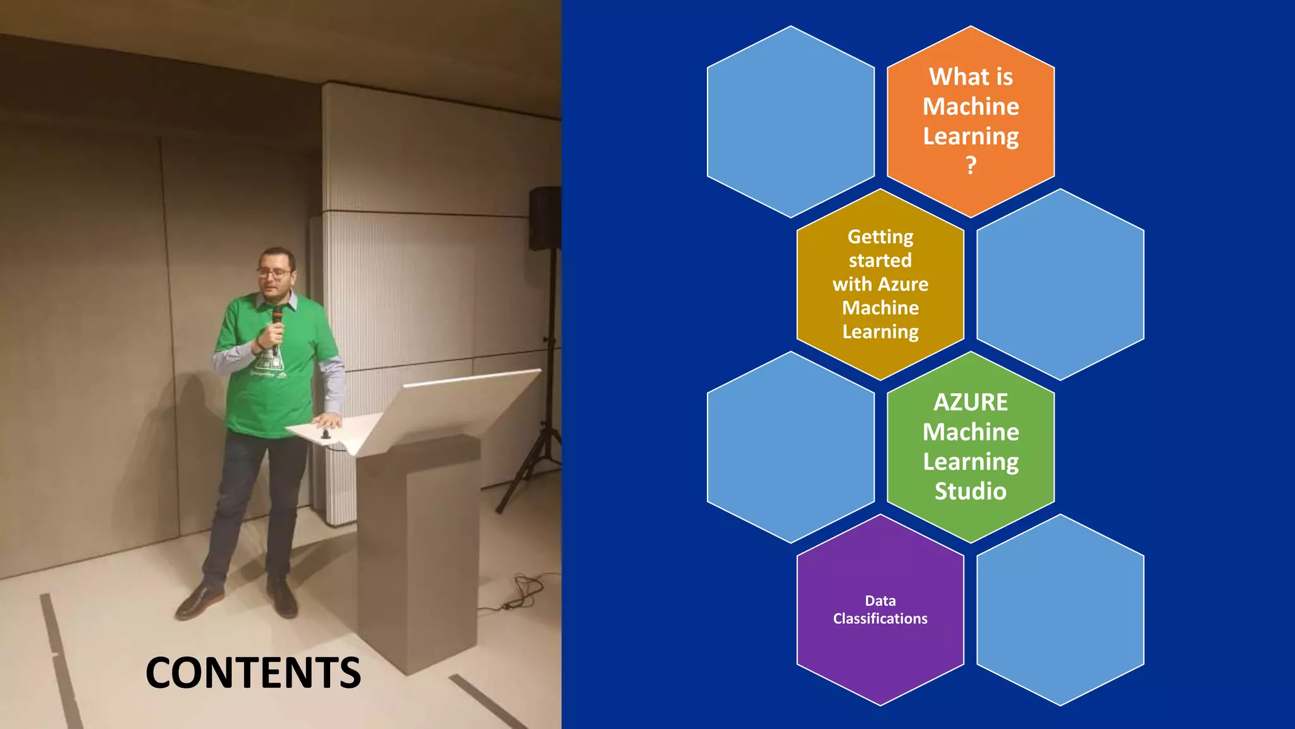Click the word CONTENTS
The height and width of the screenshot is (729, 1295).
(x=253, y=672)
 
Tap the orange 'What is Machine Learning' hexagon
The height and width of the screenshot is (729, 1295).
(x=971, y=120)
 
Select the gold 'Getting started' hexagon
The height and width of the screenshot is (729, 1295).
(x=880, y=284)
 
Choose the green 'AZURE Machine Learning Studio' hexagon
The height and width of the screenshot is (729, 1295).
(x=971, y=446)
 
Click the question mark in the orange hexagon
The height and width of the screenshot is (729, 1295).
(x=971, y=166)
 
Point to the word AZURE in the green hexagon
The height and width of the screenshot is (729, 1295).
(x=971, y=402)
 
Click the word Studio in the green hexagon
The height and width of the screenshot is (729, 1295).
(x=971, y=492)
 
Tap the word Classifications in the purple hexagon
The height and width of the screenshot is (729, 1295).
(x=880, y=619)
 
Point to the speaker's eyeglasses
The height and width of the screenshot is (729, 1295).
(x=274, y=273)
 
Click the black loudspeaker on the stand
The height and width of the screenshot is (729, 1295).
(x=544, y=218)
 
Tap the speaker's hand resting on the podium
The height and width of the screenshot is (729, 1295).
(x=328, y=420)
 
